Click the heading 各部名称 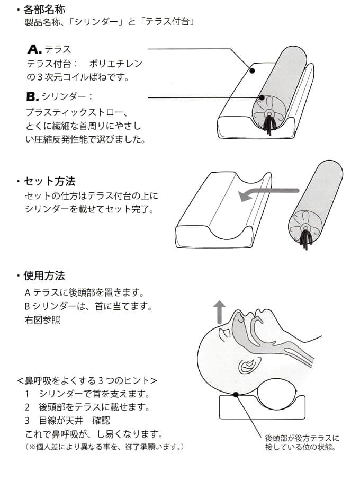[x=45, y=10]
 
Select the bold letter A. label [x=34, y=50]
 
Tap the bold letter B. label [x=33, y=97]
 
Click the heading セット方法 [x=49, y=181]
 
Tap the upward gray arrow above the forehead [x=219, y=309]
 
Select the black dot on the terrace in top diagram [x=252, y=70]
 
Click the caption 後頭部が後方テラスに [x=302, y=438]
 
